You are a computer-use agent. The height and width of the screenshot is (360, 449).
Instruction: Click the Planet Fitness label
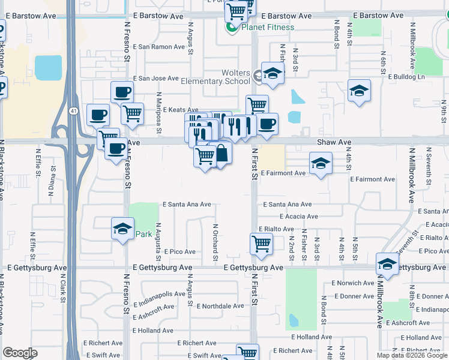268,27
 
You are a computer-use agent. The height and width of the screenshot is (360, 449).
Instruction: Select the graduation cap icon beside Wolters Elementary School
273,74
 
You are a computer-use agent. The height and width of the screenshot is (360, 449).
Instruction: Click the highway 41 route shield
73,110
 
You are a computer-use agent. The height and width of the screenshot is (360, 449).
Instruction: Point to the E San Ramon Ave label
158,47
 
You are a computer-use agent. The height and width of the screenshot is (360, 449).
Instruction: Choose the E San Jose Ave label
156,78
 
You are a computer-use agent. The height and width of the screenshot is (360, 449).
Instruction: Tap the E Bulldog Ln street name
406,77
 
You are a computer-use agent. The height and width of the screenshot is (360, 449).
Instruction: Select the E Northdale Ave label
221,305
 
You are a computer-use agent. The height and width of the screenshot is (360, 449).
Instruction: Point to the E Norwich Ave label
352,283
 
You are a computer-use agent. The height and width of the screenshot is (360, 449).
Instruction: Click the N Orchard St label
215,242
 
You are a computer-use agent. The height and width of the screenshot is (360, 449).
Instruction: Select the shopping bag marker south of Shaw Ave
220,154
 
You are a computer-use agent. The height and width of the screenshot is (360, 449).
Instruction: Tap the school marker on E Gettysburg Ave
387,264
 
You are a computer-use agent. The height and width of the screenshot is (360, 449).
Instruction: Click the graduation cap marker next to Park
122,229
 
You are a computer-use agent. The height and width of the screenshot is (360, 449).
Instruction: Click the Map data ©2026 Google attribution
412,355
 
